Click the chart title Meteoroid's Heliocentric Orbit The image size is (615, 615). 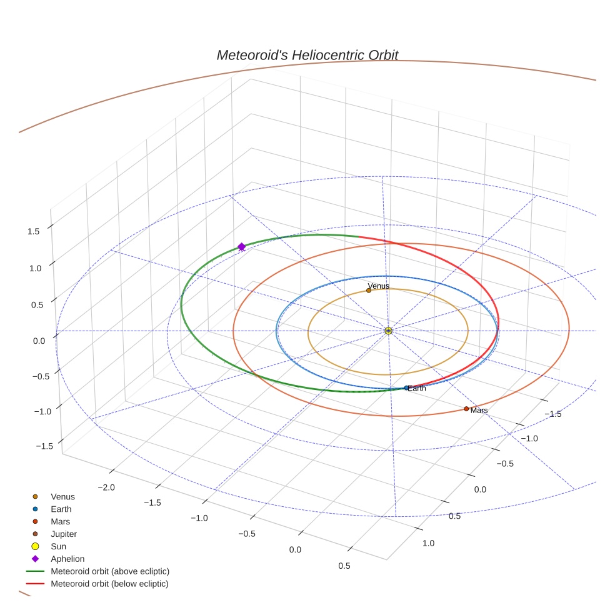tap(307, 55)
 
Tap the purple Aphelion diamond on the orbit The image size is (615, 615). tap(241, 247)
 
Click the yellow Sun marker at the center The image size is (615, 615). tap(388, 331)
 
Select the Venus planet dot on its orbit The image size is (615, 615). tap(369, 291)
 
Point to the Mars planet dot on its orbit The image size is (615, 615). tap(466, 409)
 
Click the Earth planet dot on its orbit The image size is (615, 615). tap(407, 388)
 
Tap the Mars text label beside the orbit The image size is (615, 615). tap(479, 411)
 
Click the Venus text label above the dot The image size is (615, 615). tap(379, 286)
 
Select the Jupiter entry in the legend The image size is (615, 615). tap(64, 534)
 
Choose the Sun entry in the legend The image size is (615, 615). tap(58, 546)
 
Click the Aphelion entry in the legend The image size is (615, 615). tap(67, 559)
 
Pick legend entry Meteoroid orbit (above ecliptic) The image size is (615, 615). tap(110, 571)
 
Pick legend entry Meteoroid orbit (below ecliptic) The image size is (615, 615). tap(110, 584)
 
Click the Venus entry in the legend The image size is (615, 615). tap(62, 497)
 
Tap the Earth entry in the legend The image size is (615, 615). tap(61, 509)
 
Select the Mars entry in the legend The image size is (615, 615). tap(61, 521)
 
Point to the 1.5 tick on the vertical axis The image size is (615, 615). tap(33, 231)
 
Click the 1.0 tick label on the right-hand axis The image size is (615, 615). tap(428, 543)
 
